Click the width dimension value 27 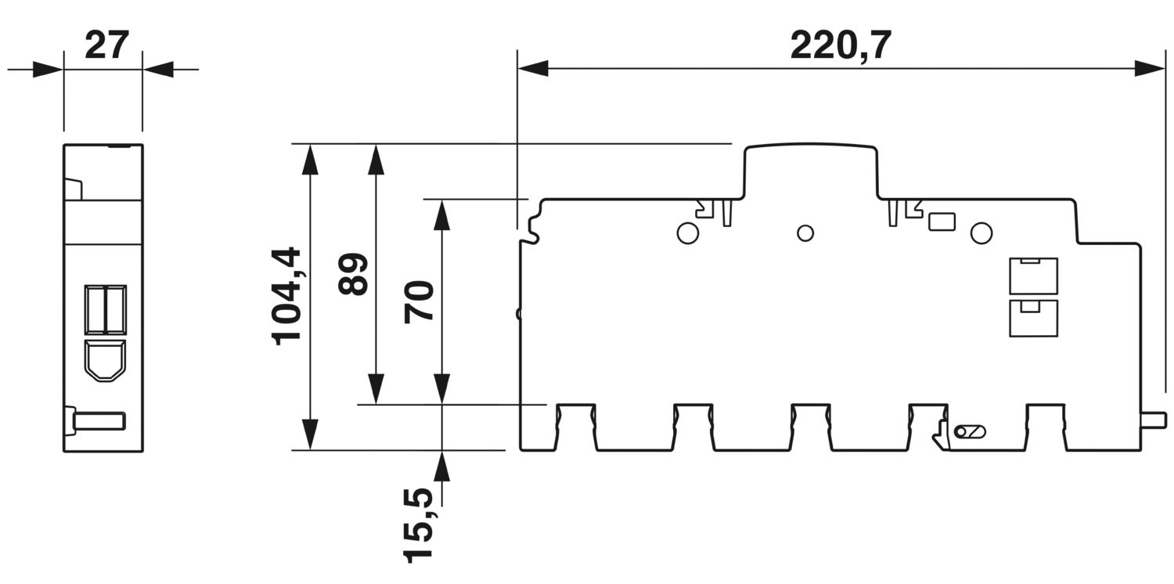pos(106,45)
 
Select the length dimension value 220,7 pos(840,45)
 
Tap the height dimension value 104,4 pos(286,296)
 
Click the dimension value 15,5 pos(418,525)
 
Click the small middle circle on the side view pos(805,233)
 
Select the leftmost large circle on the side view pos(688,233)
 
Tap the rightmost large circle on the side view pos(981,233)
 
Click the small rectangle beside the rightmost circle pos(942,222)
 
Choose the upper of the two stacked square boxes pos(1033,276)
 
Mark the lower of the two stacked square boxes pos(1033,318)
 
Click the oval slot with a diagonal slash pos(970,432)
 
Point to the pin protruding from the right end pos(1154,420)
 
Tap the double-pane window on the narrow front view pos(106,310)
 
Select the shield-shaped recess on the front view pos(105,361)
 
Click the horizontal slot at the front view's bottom pos(99,421)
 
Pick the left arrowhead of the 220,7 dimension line pos(532,68)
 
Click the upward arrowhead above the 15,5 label pos(442,466)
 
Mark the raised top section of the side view pos(810,171)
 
